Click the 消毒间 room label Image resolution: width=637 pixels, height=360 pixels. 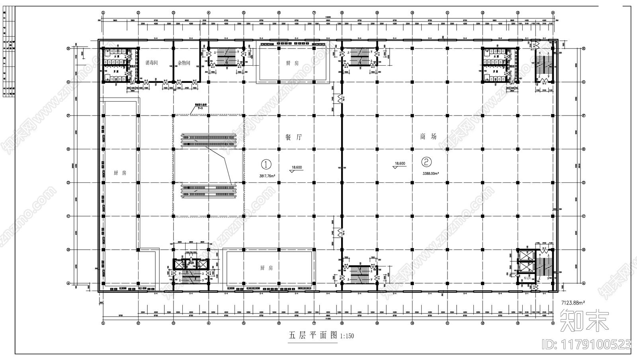pos(152,63)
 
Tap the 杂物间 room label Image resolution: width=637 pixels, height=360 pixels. pos(184,63)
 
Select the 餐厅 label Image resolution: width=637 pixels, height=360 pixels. pos(293,137)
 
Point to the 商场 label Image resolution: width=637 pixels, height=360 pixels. pos(428,137)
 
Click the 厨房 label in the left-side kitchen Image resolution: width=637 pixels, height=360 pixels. pos(119,173)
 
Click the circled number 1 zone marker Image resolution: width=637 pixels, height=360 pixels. pos(266,164)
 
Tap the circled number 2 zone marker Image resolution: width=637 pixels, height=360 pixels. pos(426,162)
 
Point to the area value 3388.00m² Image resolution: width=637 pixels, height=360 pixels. pos(430,173)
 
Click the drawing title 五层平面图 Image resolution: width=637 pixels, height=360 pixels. pos(313,335)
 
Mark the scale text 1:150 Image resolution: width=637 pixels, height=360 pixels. pos(346,336)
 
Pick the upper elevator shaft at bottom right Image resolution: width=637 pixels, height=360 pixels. pos(524,255)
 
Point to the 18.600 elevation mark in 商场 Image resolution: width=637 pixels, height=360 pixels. pos(399,164)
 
